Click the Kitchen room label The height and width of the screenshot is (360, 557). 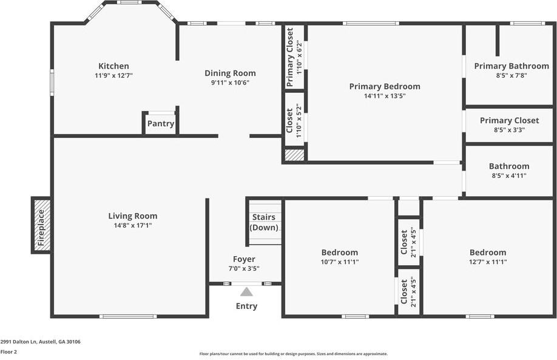click(113, 66)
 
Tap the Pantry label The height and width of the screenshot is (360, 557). click(160, 124)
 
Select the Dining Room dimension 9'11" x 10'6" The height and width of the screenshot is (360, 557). click(230, 83)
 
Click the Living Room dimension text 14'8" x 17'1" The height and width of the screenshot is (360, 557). click(132, 225)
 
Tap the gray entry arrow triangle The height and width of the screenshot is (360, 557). click(246, 291)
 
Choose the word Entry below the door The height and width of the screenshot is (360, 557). click(246, 306)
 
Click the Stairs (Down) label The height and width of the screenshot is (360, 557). click(264, 222)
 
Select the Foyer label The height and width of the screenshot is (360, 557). click(245, 259)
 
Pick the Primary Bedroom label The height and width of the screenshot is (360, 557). click(385, 86)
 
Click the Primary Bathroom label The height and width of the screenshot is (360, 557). click(511, 66)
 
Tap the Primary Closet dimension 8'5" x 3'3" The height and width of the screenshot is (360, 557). click(509, 129)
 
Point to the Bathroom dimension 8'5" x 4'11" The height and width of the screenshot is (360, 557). click(509, 175)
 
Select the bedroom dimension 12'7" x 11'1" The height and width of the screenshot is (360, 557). click(487, 262)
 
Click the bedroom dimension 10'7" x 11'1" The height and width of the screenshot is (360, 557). click(339, 262)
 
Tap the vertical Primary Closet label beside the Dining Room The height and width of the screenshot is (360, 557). click(290, 57)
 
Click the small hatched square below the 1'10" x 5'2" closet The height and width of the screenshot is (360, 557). click(294, 155)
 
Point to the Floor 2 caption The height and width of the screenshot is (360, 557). click(8, 352)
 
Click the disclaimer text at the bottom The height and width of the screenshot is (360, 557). click(294, 353)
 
